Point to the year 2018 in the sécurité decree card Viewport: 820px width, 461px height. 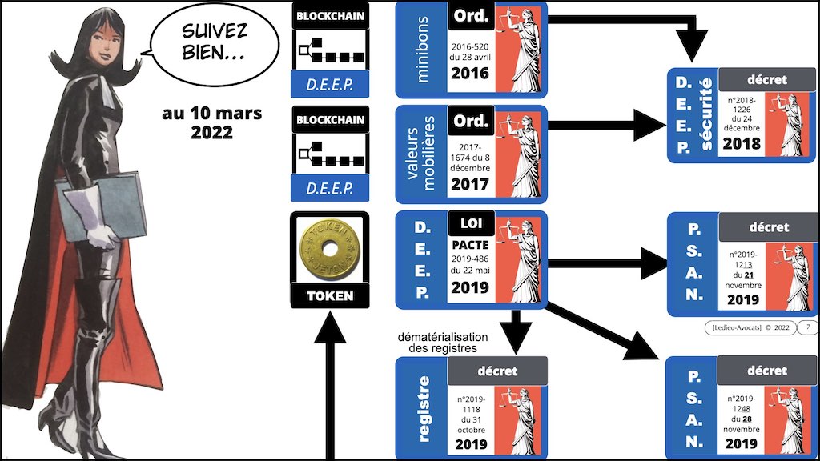(x=741, y=144)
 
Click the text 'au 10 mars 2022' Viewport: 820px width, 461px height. (x=211, y=122)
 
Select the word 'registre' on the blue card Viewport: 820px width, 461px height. (x=424, y=407)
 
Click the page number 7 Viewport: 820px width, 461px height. (x=807, y=327)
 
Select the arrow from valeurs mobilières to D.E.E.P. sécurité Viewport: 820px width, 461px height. (x=609, y=125)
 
